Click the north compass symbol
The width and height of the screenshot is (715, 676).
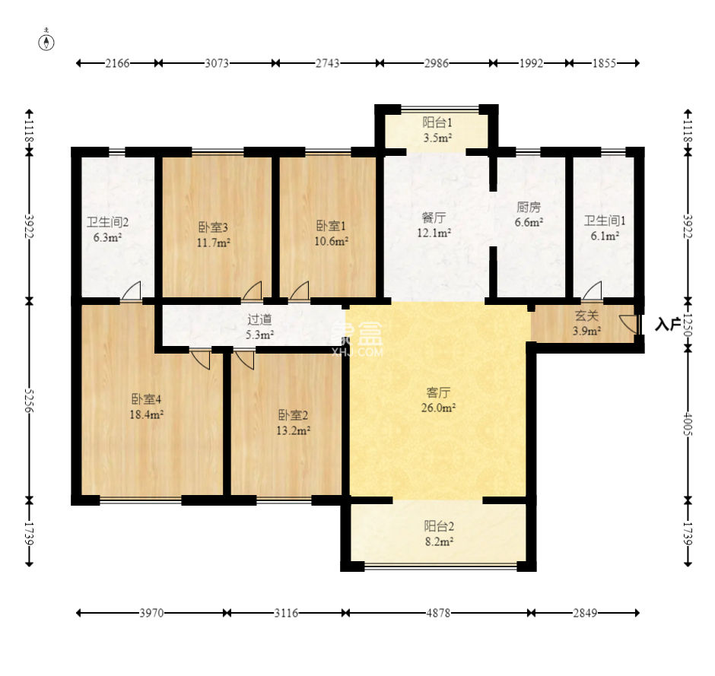coord(46,42)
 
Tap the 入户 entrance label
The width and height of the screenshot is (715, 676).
coord(667,325)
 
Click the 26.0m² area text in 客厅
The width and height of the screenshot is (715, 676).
coord(438,408)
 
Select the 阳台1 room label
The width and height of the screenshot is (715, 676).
coord(437,122)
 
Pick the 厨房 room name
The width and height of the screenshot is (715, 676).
coord(529,208)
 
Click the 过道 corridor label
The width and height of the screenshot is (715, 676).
coord(259,319)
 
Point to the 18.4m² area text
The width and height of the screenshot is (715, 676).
coord(146,415)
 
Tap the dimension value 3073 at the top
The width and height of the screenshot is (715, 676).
coord(216,63)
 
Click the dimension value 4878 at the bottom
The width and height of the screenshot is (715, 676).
coord(438,613)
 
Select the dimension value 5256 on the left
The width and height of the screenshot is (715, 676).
coord(29,401)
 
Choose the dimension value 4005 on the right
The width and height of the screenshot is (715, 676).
coord(688,424)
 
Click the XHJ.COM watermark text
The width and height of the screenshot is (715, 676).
coord(358,352)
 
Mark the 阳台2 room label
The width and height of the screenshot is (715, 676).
coord(439,526)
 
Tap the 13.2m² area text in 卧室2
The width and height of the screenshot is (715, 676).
coord(293,430)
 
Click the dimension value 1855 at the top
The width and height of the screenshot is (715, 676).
coord(604,63)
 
